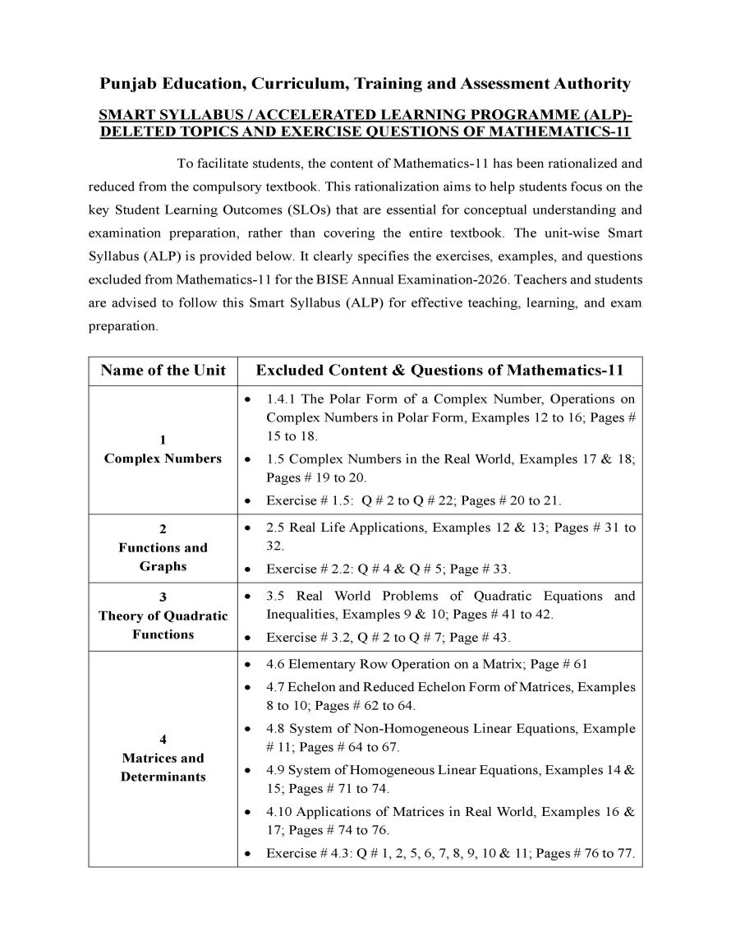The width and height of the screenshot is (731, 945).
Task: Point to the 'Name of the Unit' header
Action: (163, 371)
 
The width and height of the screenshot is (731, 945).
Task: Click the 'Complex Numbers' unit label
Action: (163, 459)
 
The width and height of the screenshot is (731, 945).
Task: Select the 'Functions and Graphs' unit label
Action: (163, 557)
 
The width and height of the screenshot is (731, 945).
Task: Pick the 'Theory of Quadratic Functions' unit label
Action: (163, 625)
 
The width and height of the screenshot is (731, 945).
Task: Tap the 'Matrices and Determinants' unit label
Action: (163, 768)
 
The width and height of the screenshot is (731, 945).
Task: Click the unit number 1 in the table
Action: (163, 440)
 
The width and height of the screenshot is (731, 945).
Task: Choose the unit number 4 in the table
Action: (163, 740)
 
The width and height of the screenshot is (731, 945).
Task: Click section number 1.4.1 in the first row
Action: (282, 399)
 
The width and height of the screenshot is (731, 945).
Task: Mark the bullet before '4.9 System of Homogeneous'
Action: (248, 771)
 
